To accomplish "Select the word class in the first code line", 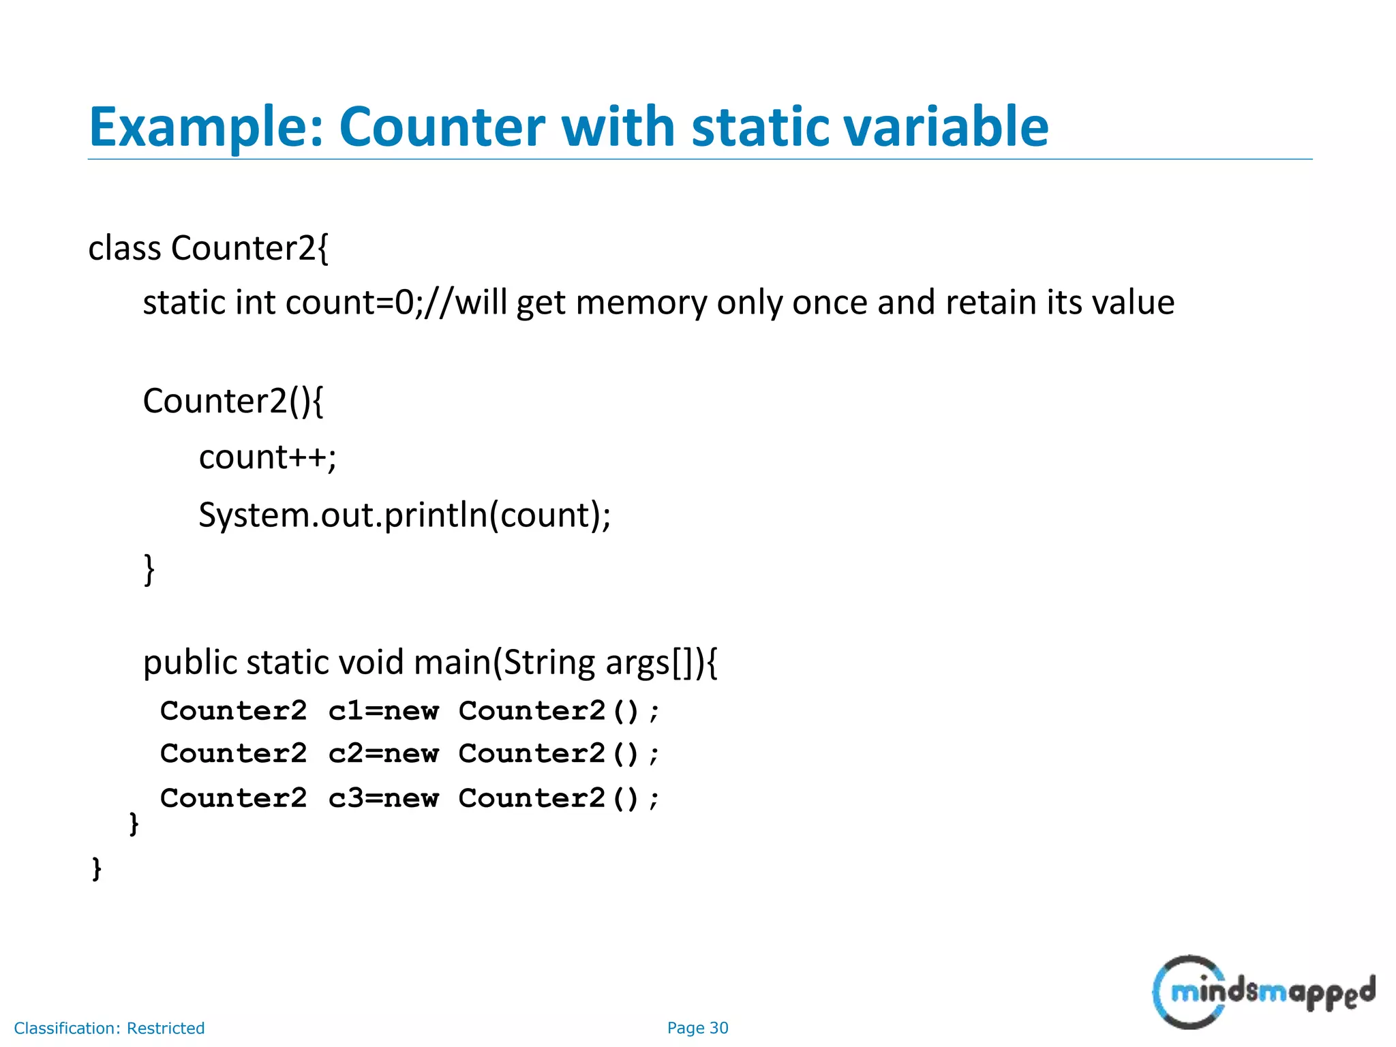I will click(x=125, y=248).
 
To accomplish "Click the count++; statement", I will click(x=267, y=457).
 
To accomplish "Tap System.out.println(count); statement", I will click(x=404, y=515).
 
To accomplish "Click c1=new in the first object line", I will click(x=384, y=712).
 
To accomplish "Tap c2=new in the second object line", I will click(x=384, y=755).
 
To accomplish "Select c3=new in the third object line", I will click(x=384, y=799).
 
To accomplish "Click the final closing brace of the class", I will click(x=97, y=869).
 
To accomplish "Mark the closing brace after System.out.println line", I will click(x=149, y=569).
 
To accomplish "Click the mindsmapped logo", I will click(x=1263, y=992).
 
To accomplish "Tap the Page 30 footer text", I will click(x=697, y=1028).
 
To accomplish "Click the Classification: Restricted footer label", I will click(x=109, y=1029).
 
